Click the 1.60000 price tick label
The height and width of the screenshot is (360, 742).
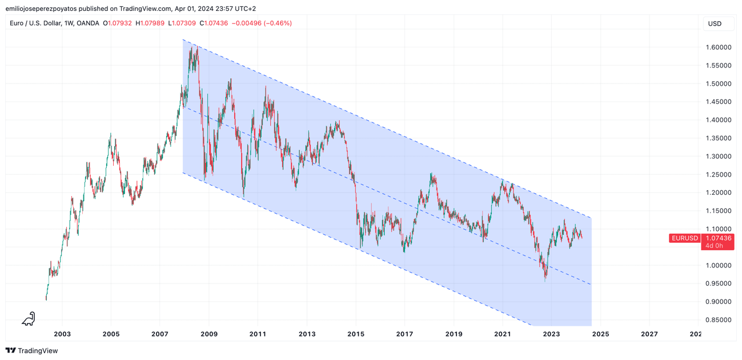click(x=717, y=47)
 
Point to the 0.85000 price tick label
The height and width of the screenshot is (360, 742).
click(x=717, y=320)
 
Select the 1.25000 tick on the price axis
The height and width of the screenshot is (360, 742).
click(x=717, y=175)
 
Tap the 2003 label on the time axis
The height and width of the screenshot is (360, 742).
click(x=62, y=334)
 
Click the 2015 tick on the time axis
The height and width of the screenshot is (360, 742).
click(x=356, y=334)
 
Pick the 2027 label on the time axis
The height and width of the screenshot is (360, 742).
click(x=649, y=334)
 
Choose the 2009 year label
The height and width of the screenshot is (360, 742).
click(x=209, y=334)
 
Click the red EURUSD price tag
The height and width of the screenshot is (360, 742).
click(x=684, y=238)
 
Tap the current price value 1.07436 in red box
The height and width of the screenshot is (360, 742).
click(x=718, y=238)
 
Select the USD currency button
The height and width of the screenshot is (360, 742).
click(x=715, y=23)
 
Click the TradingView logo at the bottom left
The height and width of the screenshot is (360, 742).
click(x=32, y=351)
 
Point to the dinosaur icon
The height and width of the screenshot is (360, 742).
click(x=29, y=319)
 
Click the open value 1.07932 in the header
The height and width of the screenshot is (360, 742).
click(x=120, y=23)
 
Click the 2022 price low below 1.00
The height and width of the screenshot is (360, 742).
click(x=546, y=280)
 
